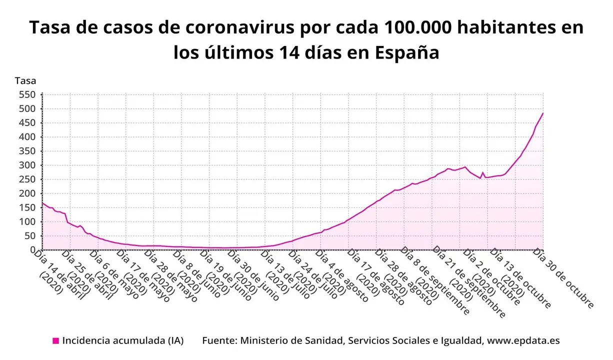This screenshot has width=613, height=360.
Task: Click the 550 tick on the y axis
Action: pyautogui.click(x=27, y=94)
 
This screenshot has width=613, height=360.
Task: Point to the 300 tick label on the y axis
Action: pyautogui.click(x=27, y=165)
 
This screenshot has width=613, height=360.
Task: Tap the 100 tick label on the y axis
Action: pyautogui.click(x=27, y=221)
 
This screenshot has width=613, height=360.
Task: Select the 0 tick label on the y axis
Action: pyautogui.click(x=33, y=249)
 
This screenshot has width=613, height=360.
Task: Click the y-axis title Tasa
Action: pyautogui.click(x=25, y=80)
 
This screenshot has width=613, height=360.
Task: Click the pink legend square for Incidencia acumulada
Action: pyautogui.click(x=55, y=341)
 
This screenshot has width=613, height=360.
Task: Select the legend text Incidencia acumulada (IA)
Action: pyautogui.click(x=123, y=341)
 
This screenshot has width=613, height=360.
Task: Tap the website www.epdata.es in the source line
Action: pyautogui.click(x=523, y=341)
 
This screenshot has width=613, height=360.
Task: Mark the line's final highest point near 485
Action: pyautogui.click(x=542, y=113)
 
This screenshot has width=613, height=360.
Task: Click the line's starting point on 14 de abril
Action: pyautogui.click(x=42, y=203)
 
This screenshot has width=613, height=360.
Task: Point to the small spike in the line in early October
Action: pyautogui.click(x=483, y=172)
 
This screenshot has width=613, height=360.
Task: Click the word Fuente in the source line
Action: pyautogui.click(x=218, y=341)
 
